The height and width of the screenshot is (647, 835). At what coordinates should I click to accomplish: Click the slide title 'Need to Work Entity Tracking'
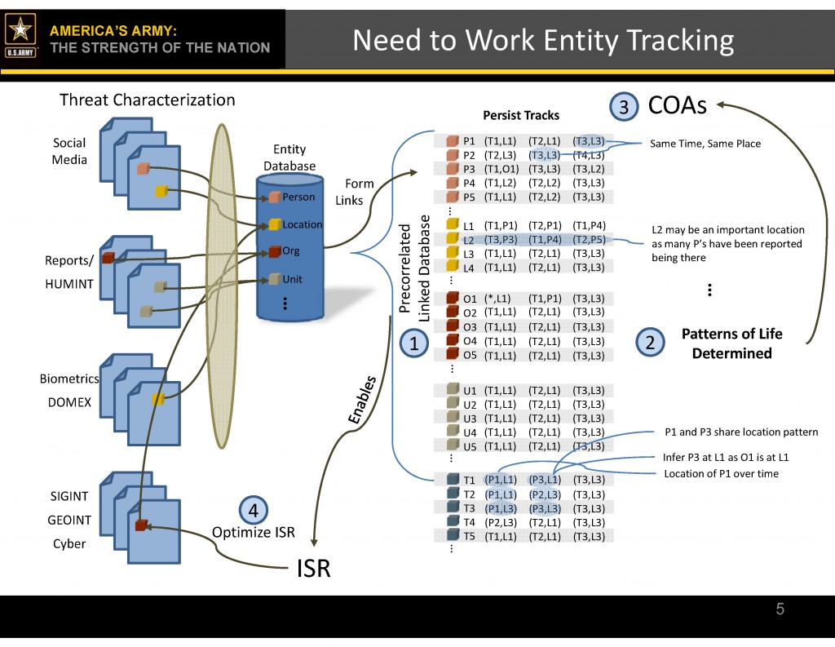tap(543, 40)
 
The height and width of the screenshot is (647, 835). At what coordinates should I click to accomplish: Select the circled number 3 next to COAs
tap(623, 108)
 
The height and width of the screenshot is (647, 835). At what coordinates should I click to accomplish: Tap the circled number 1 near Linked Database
tap(414, 343)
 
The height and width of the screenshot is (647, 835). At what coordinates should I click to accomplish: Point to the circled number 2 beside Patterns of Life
tap(650, 343)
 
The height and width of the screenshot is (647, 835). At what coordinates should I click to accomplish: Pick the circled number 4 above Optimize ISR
tap(253, 511)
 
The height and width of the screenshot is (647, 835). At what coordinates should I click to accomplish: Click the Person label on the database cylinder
tap(298, 197)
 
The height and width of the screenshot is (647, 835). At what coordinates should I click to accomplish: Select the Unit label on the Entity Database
tap(292, 279)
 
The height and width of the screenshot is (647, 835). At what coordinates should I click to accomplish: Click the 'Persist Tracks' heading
tap(521, 115)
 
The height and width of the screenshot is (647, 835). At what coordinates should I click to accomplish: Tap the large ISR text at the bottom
tap(313, 568)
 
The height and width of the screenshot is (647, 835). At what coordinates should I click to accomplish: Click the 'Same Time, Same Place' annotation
tap(705, 144)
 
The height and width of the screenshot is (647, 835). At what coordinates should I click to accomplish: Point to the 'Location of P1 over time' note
tap(721, 474)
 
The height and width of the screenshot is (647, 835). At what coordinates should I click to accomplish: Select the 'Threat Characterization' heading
tap(148, 100)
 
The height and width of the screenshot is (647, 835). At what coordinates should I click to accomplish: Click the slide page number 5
tap(780, 609)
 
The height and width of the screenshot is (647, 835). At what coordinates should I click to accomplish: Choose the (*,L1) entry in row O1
tap(497, 299)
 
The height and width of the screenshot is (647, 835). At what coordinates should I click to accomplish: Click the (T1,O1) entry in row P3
tap(500, 169)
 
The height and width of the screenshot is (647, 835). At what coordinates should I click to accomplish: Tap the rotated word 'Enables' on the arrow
tap(362, 400)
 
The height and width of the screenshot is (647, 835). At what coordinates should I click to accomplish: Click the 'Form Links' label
tap(356, 192)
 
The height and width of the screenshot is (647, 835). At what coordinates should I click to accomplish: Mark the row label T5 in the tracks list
tap(469, 536)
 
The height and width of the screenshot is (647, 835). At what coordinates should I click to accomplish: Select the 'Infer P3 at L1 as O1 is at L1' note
tap(726, 458)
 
